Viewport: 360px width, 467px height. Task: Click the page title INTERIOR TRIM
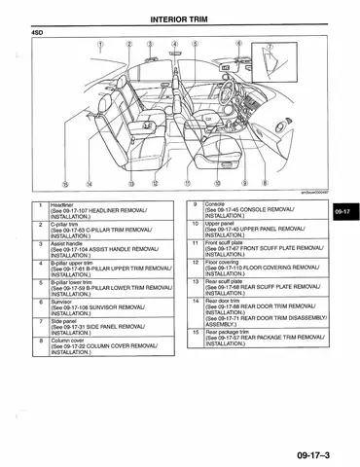[x=179, y=18]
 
